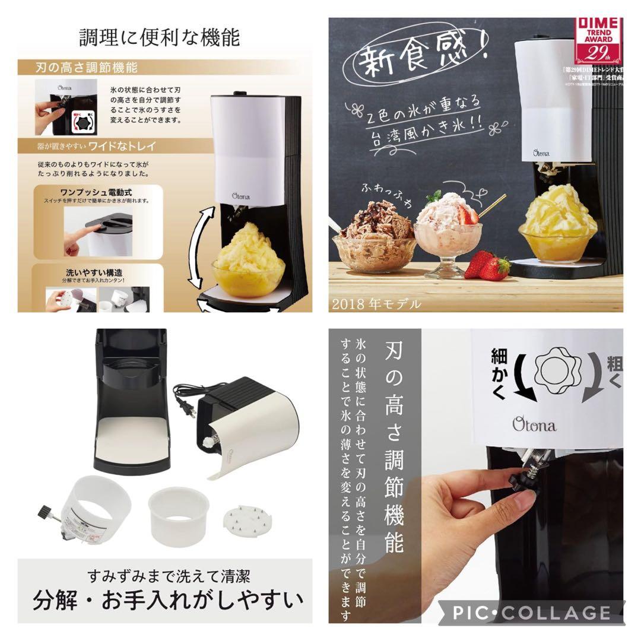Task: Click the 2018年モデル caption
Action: tap(377, 304)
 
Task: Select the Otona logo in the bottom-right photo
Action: tap(535, 425)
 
